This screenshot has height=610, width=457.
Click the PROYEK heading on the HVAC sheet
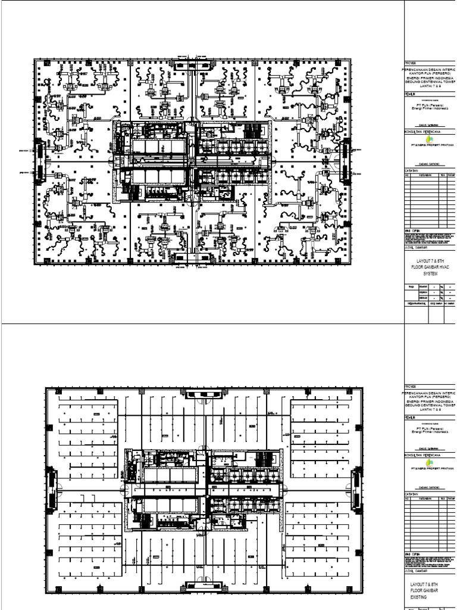pyautogui.click(x=411, y=62)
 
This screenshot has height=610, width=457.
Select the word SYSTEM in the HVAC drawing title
pyautogui.click(x=430, y=274)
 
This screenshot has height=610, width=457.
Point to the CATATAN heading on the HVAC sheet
pyautogui.click(x=412, y=170)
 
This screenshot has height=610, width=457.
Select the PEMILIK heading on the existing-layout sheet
pyautogui.click(x=411, y=418)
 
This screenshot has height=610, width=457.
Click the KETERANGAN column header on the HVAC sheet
pyautogui.click(x=424, y=176)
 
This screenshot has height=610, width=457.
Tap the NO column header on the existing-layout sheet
pyautogui.click(x=407, y=499)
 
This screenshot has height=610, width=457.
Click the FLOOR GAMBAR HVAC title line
pyautogui.click(x=430, y=267)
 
